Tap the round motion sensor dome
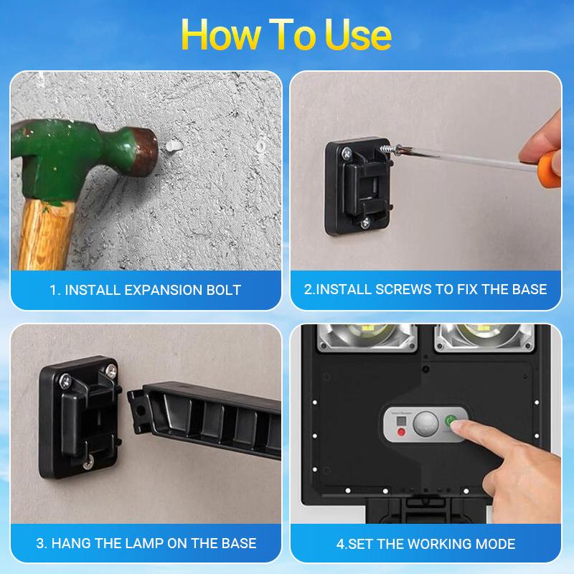point(427,422)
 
